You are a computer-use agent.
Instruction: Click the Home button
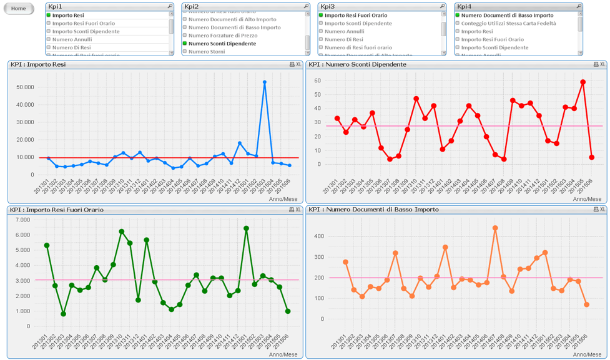[19, 9]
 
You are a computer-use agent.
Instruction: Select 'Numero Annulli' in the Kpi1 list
[72, 39]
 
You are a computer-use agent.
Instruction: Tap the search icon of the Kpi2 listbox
[306, 6]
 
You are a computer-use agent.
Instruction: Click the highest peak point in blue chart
[265, 82]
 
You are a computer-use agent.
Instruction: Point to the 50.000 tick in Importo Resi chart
[24, 87]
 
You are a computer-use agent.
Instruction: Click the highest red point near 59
[583, 82]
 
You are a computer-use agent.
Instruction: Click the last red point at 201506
[591, 157]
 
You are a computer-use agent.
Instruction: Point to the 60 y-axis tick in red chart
[317, 80]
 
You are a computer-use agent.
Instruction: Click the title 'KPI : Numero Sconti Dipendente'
[357, 64]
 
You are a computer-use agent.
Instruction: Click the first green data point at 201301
[47, 245]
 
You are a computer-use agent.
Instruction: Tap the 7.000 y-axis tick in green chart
[22, 220]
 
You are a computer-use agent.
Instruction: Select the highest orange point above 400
[495, 228]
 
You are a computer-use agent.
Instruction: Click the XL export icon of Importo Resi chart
[298, 64]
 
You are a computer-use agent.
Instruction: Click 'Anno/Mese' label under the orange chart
[587, 354]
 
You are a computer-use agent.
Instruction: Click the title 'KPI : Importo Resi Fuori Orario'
[57, 210]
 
